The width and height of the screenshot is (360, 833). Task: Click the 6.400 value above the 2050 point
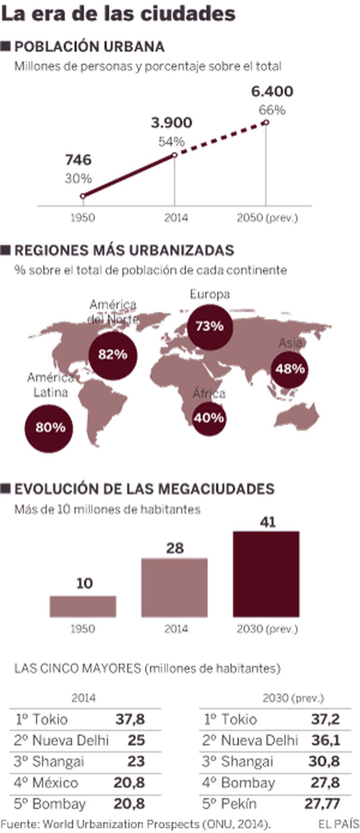(x=272, y=91)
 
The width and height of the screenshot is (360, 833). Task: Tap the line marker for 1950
(x=83, y=196)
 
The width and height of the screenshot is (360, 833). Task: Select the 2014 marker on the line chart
(x=175, y=155)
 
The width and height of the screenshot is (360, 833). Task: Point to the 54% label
(x=171, y=142)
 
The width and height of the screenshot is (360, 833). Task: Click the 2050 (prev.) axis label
(x=267, y=218)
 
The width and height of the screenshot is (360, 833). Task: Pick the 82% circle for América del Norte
(x=112, y=354)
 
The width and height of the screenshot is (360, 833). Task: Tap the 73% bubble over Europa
(x=210, y=326)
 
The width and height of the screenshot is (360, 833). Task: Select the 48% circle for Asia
(x=290, y=369)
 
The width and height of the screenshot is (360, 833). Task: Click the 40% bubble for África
(x=209, y=418)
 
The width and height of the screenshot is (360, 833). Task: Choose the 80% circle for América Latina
(x=50, y=428)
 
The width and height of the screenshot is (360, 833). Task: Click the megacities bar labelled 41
(x=266, y=574)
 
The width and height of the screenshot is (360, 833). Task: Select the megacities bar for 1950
(x=83, y=606)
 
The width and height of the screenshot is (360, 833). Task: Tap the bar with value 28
(x=174, y=587)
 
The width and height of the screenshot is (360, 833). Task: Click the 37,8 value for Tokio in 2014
(x=130, y=719)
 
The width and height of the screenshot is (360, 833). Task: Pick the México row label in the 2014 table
(x=55, y=782)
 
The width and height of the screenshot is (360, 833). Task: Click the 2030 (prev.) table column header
(x=293, y=698)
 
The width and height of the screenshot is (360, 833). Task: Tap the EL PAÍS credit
(x=338, y=824)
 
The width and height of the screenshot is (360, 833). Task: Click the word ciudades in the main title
(x=197, y=14)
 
